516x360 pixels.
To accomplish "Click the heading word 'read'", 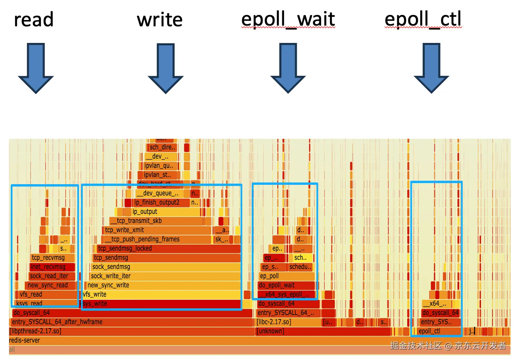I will [x=34, y=20].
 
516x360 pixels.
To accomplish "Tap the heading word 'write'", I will [x=160, y=20].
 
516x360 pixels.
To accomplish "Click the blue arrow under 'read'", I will [x=36, y=68].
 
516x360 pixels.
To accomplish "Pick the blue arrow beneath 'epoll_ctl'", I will [x=431, y=68].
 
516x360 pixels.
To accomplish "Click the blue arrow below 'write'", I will [x=166, y=68].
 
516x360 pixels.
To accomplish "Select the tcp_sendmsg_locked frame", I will [x=125, y=248].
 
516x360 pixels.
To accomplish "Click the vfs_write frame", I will [x=95, y=294].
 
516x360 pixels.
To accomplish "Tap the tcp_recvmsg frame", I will [x=48, y=258].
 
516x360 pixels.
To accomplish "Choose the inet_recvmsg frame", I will [x=48, y=267].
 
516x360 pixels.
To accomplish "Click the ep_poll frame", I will [x=269, y=276].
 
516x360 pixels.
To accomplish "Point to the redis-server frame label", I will [x=25, y=340].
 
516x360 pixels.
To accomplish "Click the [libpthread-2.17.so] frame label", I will [x=35, y=331].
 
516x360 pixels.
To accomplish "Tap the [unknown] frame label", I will [x=270, y=331].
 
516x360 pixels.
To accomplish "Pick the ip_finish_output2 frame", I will [x=157, y=202].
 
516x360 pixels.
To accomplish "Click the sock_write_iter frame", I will [x=111, y=276].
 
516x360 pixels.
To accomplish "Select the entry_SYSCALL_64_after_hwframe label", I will [x=57, y=322].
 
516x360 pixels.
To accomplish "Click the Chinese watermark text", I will [x=448, y=345].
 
